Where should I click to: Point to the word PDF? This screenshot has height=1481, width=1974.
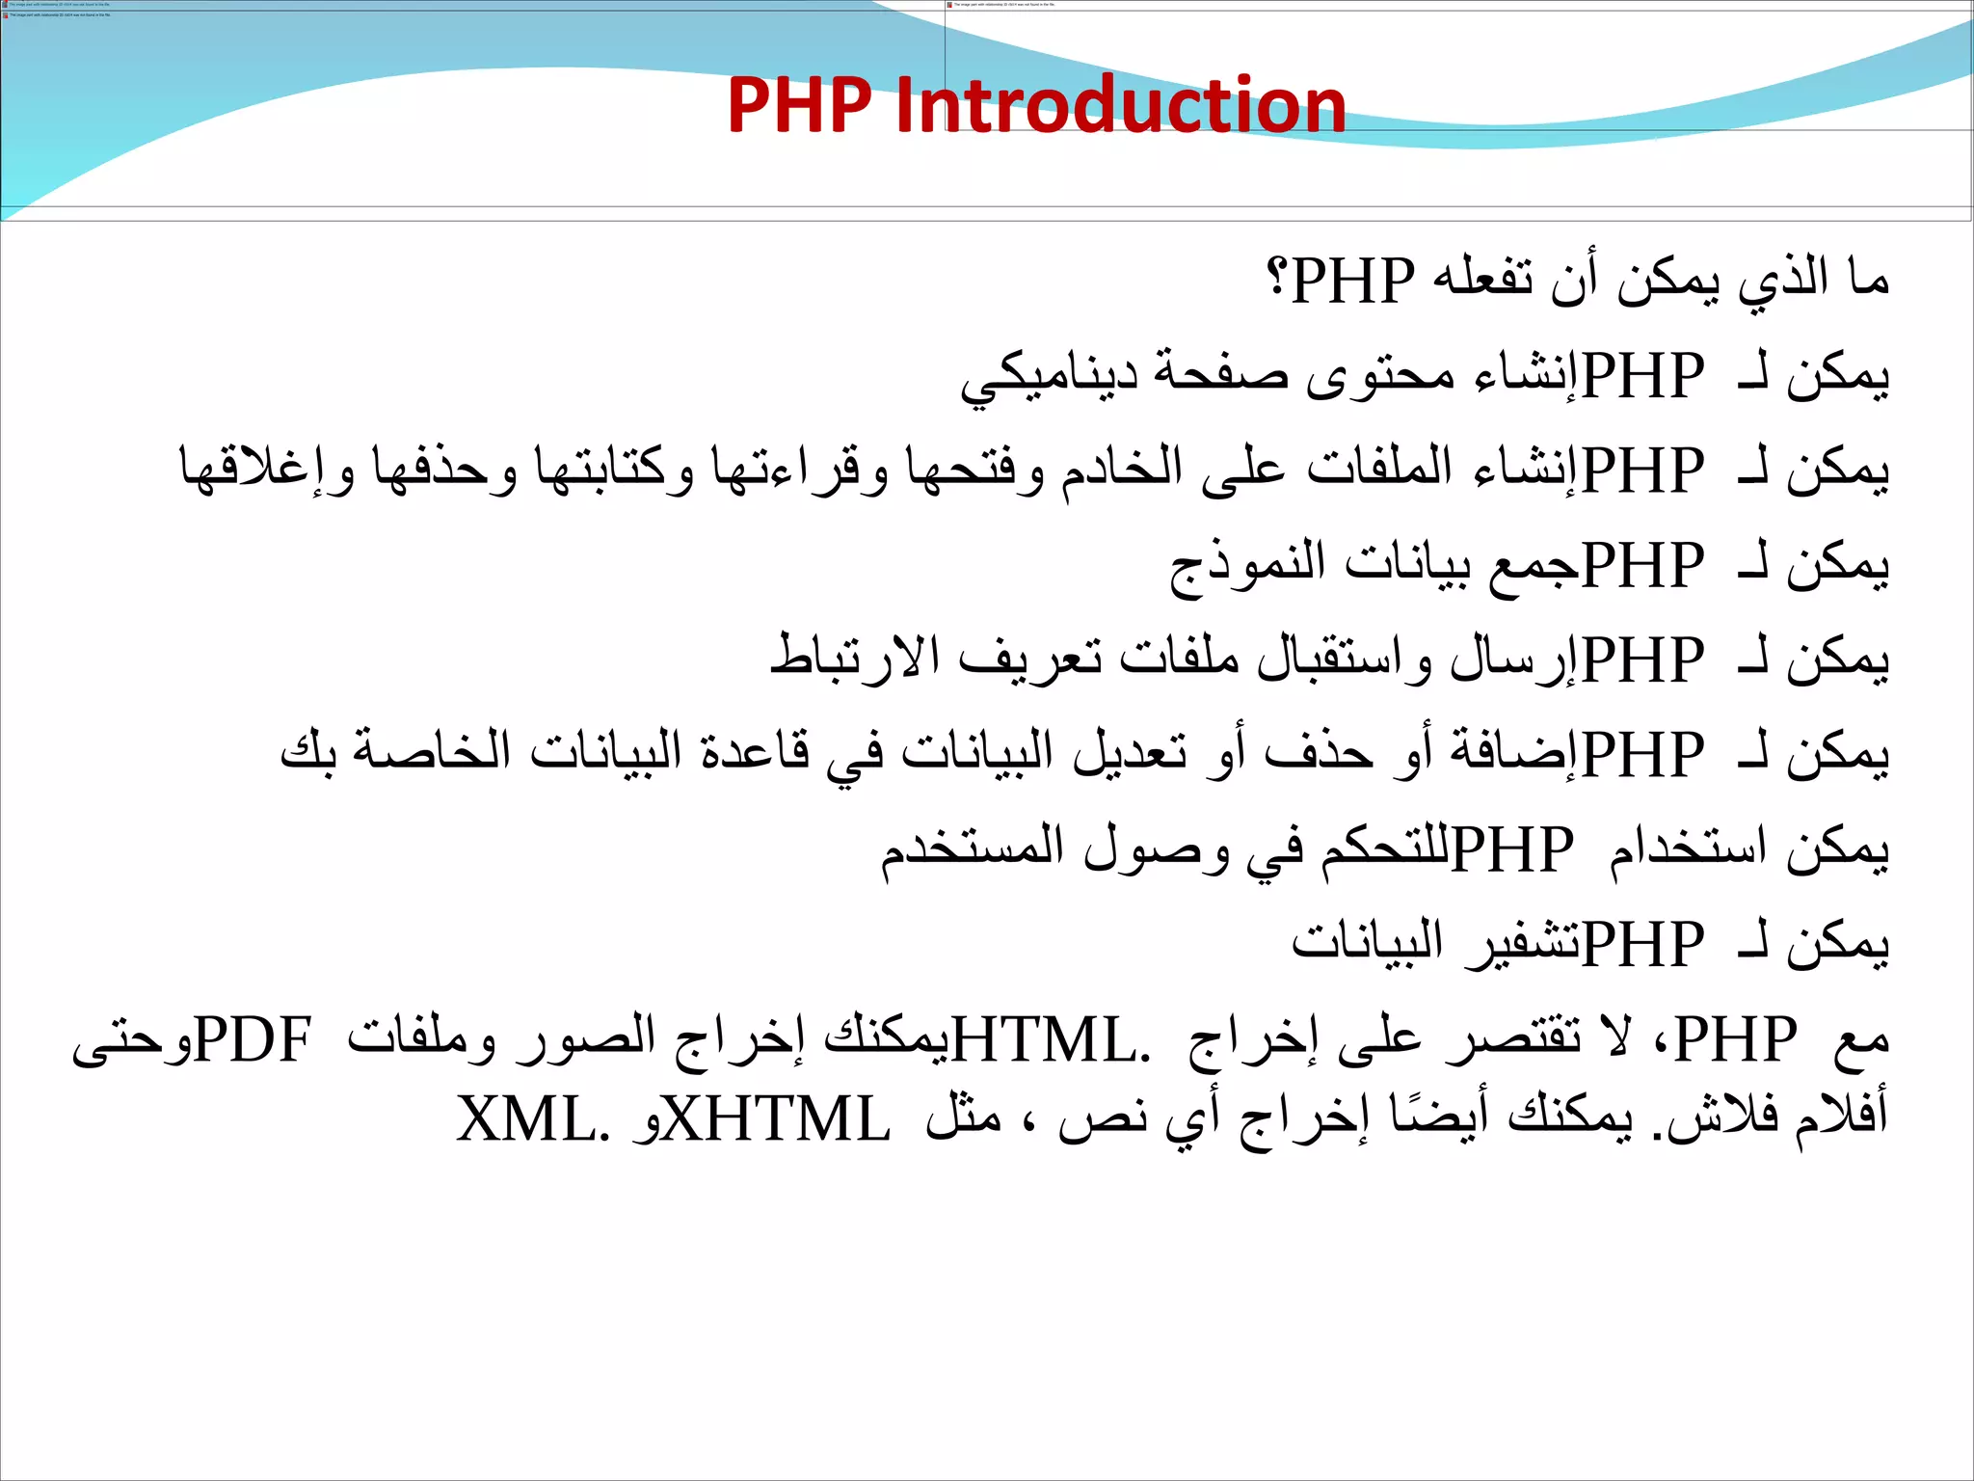pos(253,1039)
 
